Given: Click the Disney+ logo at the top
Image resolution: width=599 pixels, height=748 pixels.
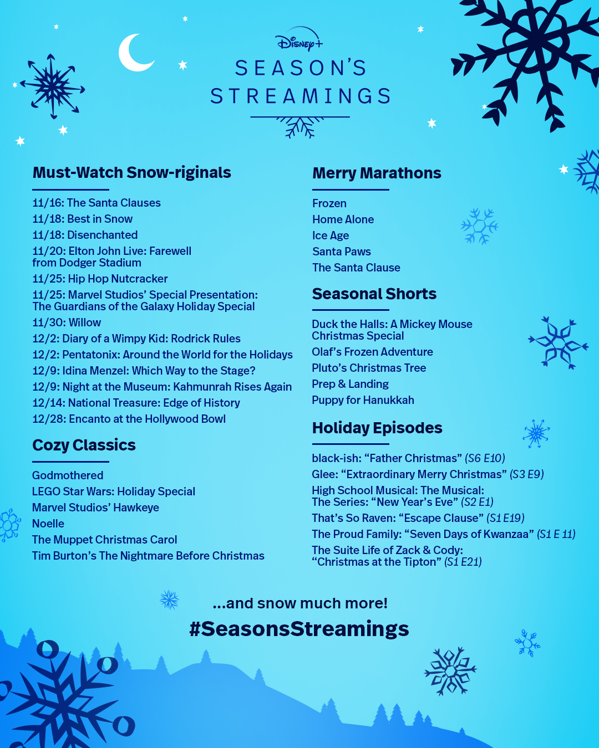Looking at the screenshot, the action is (x=299, y=39).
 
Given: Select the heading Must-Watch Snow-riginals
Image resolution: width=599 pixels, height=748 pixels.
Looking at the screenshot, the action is (x=131, y=173).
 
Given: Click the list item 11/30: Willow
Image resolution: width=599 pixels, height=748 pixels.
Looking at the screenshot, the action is (x=67, y=322).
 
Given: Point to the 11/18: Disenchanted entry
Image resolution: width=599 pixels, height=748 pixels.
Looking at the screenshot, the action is (x=85, y=235).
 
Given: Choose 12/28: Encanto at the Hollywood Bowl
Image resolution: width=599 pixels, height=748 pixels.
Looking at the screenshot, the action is (x=129, y=419).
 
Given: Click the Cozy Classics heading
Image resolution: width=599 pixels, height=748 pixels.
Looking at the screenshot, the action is (x=84, y=445).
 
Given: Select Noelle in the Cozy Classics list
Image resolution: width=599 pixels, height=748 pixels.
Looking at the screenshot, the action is (x=48, y=524).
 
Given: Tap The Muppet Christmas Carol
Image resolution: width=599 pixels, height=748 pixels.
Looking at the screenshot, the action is (x=104, y=540).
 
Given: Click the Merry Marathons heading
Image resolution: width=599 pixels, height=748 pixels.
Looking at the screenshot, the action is (x=377, y=173).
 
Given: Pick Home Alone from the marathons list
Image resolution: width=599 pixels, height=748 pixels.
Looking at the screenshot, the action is (x=343, y=219).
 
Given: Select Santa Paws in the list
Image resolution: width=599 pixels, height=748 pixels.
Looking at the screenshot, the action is (x=342, y=252).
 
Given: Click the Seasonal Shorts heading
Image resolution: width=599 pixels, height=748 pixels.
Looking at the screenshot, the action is (x=374, y=294).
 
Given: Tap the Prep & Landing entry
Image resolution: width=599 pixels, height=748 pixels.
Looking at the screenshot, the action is (x=350, y=384).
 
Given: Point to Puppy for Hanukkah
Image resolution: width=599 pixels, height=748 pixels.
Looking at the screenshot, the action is (x=363, y=400).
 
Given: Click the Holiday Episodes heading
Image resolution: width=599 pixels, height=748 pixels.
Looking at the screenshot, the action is (x=377, y=428).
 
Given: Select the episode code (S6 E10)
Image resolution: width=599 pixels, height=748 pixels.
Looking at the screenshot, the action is (x=485, y=458).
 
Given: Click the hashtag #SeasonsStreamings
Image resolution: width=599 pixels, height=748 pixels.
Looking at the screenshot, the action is (x=299, y=629).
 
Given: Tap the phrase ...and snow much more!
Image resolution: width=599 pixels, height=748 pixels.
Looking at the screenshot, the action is (x=300, y=603).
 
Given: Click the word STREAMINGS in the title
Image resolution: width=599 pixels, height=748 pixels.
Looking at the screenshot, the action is (x=301, y=96).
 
